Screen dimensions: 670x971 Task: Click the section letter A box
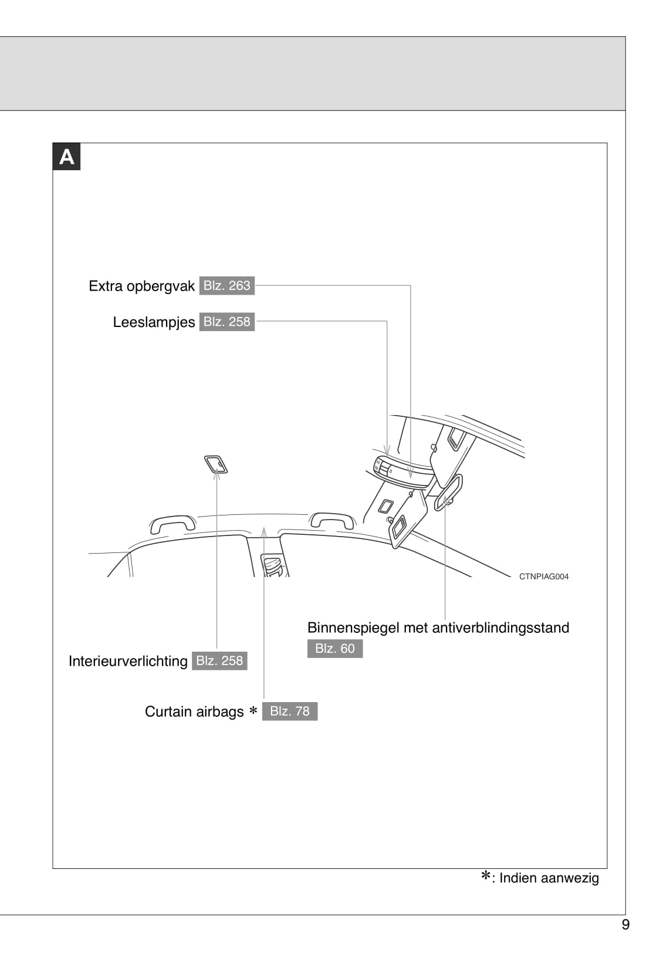click(66, 156)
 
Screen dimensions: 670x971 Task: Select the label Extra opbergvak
click(141, 286)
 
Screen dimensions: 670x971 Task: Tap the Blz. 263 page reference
click(227, 286)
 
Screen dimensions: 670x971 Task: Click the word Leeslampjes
click(154, 322)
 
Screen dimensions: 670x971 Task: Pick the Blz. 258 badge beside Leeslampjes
click(227, 322)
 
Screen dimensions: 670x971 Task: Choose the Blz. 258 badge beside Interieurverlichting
click(219, 660)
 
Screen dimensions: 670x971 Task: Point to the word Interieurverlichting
click(128, 661)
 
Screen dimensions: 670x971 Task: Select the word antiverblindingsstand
click(500, 628)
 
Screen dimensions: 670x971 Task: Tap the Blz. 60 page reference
click(335, 649)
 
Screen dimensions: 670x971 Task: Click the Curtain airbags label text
click(194, 712)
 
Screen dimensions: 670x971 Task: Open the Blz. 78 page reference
click(290, 711)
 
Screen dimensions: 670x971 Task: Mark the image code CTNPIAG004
click(543, 576)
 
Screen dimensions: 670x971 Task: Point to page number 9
click(625, 925)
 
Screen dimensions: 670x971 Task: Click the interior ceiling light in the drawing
click(216, 464)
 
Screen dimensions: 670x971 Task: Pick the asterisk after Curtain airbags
click(253, 710)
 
